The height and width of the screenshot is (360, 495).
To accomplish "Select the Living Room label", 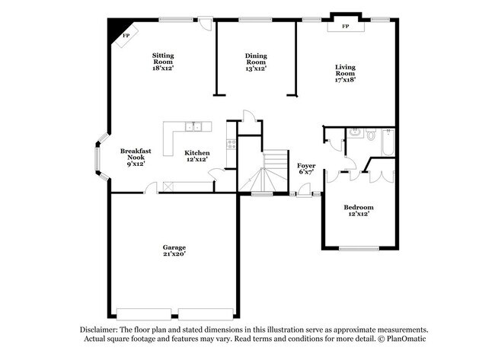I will pos(345,72).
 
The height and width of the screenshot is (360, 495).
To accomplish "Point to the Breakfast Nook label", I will pos(135,157).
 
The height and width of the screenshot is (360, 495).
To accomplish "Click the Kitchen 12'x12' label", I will pos(196,156).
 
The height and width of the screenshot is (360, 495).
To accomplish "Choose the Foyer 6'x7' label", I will pos(307,168).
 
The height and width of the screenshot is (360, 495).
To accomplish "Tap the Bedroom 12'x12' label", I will pos(358,211).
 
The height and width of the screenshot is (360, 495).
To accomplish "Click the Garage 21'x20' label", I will pos(174,251).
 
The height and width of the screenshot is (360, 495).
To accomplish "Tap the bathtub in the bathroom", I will pos(385,142).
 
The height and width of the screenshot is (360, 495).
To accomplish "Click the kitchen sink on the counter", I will pos(194,126).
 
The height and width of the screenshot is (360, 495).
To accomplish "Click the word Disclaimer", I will pos(100,329).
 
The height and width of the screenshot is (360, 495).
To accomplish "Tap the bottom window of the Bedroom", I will pos(358,248).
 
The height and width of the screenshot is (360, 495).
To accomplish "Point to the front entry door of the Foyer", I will pos(305,195).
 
